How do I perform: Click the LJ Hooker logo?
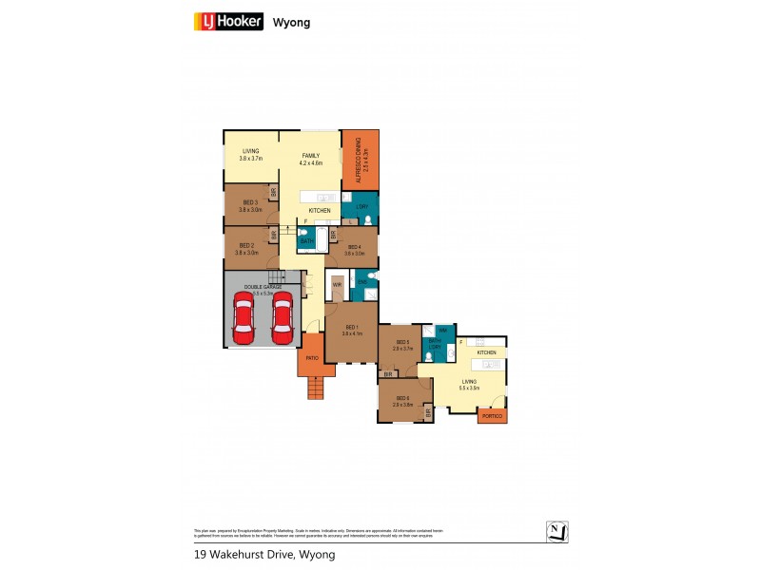pos(228,21)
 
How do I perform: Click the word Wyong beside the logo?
pos(291,22)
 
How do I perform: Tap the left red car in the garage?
pos(244,318)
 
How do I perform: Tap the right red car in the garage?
pos(282,318)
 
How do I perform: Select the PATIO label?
pos(311,358)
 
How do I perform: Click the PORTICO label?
pos(492,417)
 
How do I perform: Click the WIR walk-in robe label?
pos(337,284)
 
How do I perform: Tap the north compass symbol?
pos(558,531)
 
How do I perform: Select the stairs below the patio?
pos(315,388)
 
